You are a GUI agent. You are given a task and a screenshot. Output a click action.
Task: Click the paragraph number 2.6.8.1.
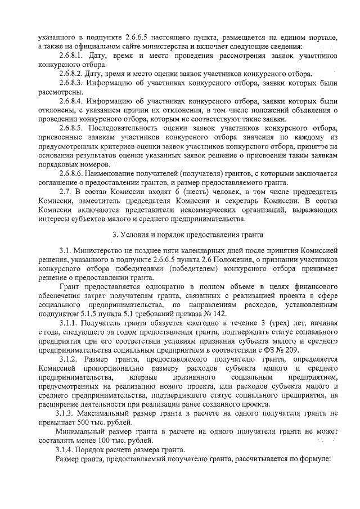[71, 56]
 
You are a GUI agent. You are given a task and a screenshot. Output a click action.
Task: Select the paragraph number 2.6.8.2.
[71, 74]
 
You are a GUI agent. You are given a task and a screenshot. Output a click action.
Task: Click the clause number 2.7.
[64, 191]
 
